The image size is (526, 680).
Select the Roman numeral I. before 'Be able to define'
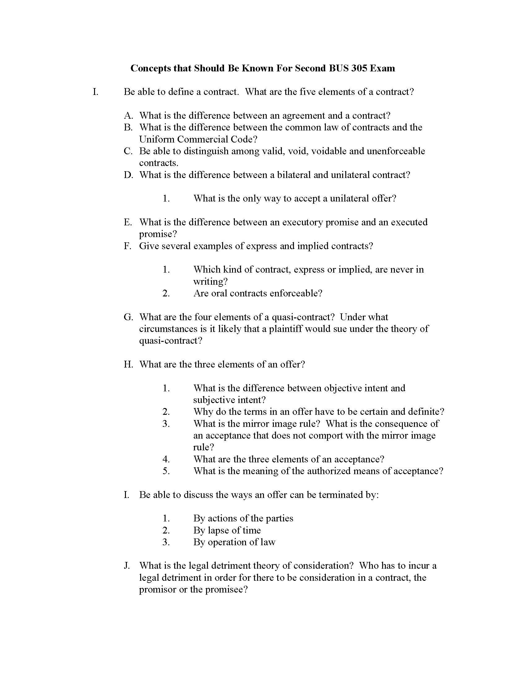click(96, 92)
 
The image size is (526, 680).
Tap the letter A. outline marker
click(128, 116)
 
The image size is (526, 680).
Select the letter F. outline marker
click(127, 246)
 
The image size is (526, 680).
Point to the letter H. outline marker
click(128, 364)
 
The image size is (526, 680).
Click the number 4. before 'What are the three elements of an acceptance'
click(166, 459)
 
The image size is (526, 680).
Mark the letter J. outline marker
click(127, 566)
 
